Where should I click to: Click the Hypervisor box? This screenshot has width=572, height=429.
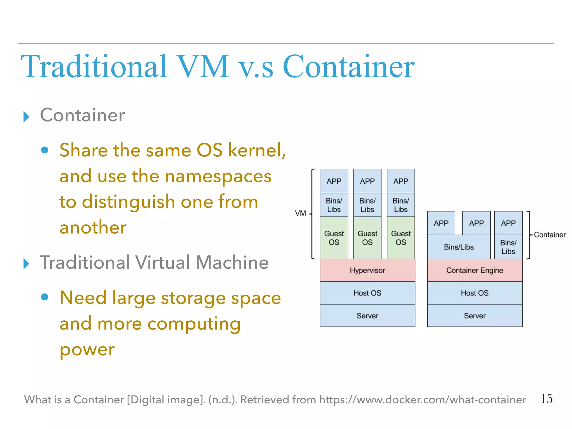pos(367,270)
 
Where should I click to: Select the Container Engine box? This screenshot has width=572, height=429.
pos(475,270)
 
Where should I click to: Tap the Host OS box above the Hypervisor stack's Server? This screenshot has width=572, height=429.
pos(367,293)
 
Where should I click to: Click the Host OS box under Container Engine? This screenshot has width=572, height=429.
pos(475,293)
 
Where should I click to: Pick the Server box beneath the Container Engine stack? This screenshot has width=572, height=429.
pos(475,316)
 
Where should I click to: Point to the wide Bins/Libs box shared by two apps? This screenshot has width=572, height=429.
pos(459,247)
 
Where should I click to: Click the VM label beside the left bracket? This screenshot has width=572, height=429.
pos(301,213)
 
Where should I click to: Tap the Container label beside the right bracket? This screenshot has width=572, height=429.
pos(550,235)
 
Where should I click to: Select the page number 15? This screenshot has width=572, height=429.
pos(546,399)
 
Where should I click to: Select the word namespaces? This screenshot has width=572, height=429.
pos(218,176)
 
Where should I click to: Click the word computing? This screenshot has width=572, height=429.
pos(194,323)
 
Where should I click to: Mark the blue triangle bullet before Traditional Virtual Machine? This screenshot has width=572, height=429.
pos(26,264)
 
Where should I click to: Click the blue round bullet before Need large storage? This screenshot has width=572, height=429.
pos(45,297)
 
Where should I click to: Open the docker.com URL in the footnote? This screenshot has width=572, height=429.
pos(423,400)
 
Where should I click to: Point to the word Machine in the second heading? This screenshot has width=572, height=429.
pos(232,263)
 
